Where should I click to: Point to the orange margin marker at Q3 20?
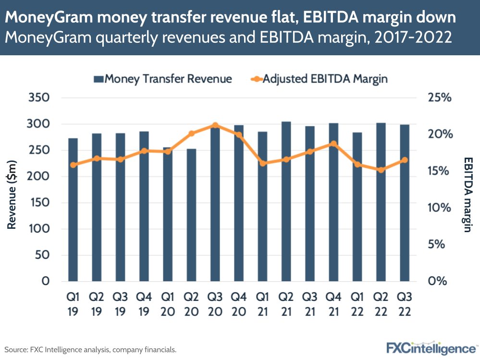[215, 125]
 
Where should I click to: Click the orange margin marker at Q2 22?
[381, 170]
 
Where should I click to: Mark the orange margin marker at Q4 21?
[333, 144]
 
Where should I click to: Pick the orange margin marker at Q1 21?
[262, 163]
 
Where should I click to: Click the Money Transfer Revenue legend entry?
[162, 78]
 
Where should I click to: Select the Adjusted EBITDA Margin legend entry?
[319, 78]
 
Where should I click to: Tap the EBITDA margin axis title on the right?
[468, 194]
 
